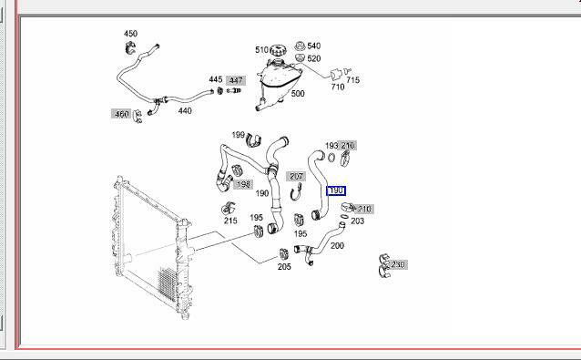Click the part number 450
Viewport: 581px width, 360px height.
130,34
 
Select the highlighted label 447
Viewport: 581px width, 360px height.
236,80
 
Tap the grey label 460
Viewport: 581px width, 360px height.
121,114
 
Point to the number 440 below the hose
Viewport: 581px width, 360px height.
185,110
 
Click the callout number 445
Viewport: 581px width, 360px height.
216,79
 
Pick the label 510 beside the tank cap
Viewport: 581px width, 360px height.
261,50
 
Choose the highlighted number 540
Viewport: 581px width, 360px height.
313,46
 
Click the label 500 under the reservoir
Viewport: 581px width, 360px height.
297,93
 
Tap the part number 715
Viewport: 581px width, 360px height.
352,80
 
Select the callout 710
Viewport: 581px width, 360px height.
337,87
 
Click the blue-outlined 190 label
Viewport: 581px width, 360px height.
335,190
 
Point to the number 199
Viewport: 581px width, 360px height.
238,135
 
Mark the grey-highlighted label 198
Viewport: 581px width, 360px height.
243,184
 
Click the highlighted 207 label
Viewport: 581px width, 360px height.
296,176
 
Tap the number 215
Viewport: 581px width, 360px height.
230,220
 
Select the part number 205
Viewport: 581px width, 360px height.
284,266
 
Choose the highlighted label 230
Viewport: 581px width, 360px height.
397,264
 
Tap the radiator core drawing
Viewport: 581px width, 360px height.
146,246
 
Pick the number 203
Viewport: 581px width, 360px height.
357,221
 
